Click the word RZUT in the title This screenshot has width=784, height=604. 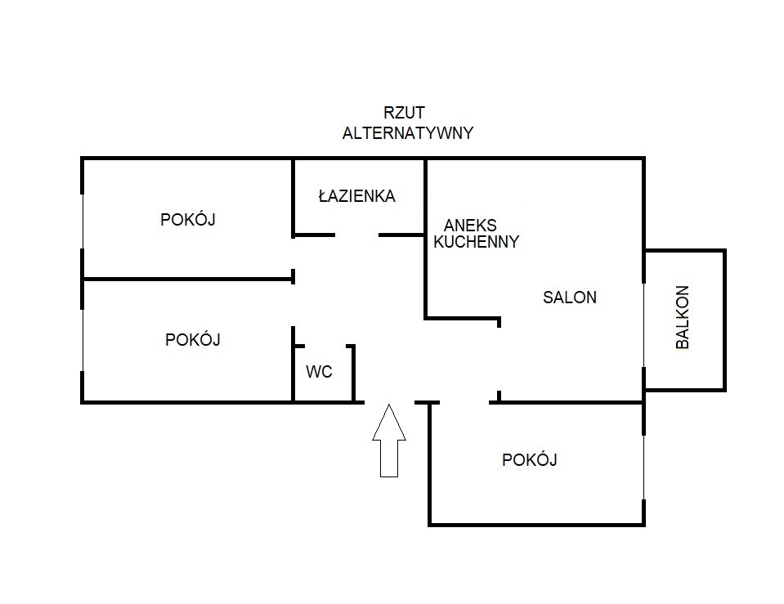tap(404, 113)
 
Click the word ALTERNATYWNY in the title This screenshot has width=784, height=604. tap(407, 133)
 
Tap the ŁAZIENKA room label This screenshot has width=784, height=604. tap(356, 196)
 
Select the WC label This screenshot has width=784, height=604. tap(319, 372)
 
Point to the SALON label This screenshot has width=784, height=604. tap(569, 298)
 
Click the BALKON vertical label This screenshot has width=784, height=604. tap(683, 317)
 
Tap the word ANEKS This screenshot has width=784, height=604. tap(470, 225)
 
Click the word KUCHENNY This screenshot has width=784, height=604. tap(476, 242)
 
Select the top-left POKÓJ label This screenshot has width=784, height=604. tap(188, 219)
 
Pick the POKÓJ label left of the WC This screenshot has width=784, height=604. tap(193, 339)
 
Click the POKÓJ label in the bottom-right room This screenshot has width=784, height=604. tap(529, 460)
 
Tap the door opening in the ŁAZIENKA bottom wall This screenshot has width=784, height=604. tap(356, 235)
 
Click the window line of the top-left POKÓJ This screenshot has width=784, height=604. tap(83, 221)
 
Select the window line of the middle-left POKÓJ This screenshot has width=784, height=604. tap(83, 340)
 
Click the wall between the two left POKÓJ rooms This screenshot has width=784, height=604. tap(188, 280)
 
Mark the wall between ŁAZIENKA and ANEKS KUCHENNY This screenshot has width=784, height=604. tap(425, 196)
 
